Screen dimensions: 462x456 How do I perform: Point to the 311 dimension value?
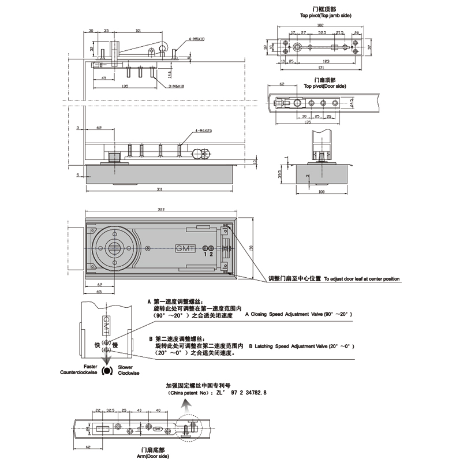[159, 189]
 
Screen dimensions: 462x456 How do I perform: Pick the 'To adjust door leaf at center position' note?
[361, 279]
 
